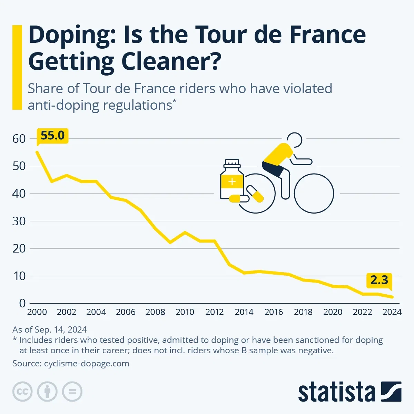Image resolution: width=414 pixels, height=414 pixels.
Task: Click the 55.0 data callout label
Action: [52, 136]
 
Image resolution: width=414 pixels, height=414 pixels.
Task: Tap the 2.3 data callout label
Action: [379, 280]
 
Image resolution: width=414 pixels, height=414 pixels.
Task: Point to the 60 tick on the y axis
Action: [19, 139]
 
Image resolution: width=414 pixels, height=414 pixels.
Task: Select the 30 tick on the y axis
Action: [19, 221]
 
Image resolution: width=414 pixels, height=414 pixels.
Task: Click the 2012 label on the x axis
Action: [214, 312]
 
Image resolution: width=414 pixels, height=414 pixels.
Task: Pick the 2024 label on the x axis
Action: [392, 312]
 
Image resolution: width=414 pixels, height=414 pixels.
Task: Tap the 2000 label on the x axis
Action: [37, 312]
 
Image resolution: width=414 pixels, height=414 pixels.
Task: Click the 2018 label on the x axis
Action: [303, 312]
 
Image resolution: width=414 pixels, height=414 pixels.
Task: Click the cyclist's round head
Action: [294, 140]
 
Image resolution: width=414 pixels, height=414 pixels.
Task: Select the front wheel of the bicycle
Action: [314, 193]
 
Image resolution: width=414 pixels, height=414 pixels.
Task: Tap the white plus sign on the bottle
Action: [232, 181]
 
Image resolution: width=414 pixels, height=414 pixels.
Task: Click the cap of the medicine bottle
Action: [232, 163]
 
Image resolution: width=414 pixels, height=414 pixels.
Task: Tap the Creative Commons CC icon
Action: [22, 392]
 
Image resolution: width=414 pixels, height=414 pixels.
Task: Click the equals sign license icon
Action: [72, 392]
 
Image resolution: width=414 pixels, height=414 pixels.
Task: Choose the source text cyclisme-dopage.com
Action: [87, 363]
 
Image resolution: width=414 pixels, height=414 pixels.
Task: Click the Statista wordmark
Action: [336, 392]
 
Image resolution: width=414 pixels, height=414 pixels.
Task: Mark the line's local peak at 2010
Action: [185, 232]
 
